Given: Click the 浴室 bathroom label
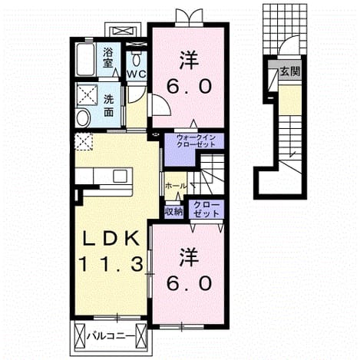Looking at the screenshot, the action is click(108, 58).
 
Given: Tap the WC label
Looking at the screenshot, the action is click(137, 74).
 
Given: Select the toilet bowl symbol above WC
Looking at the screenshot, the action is click(136, 60).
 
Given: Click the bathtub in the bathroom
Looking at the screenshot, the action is click(85, 59).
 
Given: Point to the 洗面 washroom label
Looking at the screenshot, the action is click(108, 106).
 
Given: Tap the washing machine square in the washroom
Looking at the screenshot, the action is click(88, 94).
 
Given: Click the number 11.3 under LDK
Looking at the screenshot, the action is click(111, 264).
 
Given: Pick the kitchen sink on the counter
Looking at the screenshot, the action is click(120, 176).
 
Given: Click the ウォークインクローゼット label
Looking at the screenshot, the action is click(196, 141).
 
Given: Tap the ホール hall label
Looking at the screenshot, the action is click(175, 186).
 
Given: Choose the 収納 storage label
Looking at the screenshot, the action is click(173, 212).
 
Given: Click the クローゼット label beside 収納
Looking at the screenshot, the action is click(206, 209).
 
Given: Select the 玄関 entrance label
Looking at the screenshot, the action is click(289, 71).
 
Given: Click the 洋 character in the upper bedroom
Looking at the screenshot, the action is click(189, 61).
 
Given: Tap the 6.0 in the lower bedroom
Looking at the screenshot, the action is click(189, 283).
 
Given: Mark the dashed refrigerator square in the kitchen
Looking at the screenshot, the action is click(83, 141).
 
